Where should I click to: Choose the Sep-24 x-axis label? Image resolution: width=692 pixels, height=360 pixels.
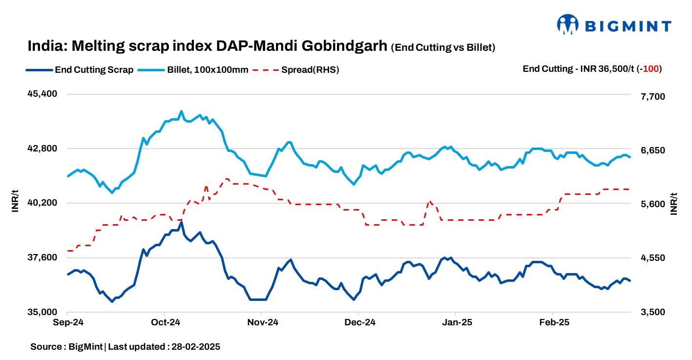click(x=68, y=323)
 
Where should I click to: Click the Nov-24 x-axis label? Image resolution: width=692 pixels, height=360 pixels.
click(x=263, y=323)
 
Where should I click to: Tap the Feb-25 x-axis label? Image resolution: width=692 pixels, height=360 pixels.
click(x=554, y=323)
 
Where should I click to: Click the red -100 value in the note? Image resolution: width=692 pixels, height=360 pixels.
click(x=651, y=69)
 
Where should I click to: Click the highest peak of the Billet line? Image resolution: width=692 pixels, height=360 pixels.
click(x=181, y=111)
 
